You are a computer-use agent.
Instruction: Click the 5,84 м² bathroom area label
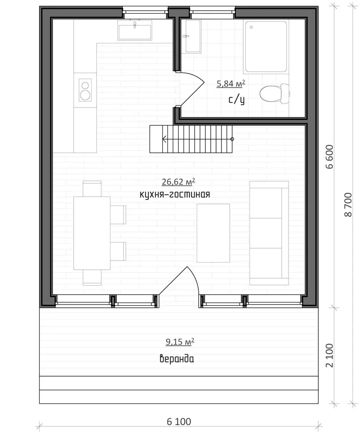pyautogui.click(x=231, y=84)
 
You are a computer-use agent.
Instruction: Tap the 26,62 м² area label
pyautogui.click(x=178, y=182)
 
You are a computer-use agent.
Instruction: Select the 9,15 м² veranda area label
pyautogui.click(x=180, y=342)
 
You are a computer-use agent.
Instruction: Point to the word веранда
pyautogui.click(x=177, y=359)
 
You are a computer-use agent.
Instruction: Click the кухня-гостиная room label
pyautogui.click(x=175, y=194)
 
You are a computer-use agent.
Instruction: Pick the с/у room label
pyautogui.click(x=236, y=100)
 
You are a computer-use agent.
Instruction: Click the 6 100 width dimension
pyautogui.click(x=179, y=422)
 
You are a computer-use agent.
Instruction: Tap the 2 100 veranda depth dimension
pyautogui.click(x=329, y=356)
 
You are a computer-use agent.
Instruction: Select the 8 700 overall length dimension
pyautogui.click(x=348, y=205)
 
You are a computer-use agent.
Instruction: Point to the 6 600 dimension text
pyautogui.click(x=329, y=157)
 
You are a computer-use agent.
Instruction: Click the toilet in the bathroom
pyautogui.click(x=275, y=93)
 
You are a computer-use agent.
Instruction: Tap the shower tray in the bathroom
pyautogui.click(x=266, y=47)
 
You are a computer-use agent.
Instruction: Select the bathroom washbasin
pyautogui.click(x=193, y=36)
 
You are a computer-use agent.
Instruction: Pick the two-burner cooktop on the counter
pyautogui.click(x=85, y=90)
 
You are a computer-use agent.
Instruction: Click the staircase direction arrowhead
pyautogui.click(x=165, y=139)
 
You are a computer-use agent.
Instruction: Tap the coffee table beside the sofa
pyautogui.click(x=213, y=233)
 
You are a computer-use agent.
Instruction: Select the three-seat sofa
pyautogui.click(x=269, y=233)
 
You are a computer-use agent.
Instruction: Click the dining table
pyautogui.click(x=92, y=233)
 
